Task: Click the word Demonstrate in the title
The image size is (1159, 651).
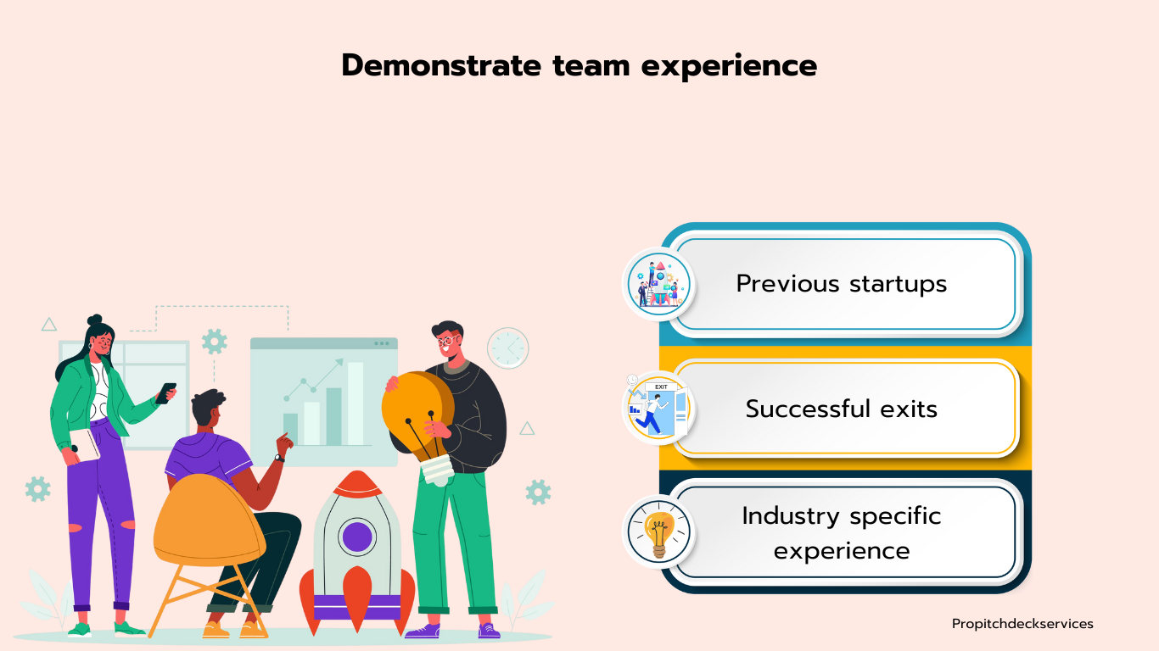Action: click(x=441, y=65)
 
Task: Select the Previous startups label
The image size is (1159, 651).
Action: click(x=842, y=284)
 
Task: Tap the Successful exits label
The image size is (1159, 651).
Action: click(x=842, y=409)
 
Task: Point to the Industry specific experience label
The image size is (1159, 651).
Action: click(x=842, y=532)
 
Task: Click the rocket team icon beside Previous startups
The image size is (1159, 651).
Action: click(x=658, y=284)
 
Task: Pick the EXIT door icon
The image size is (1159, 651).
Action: click(x=658, y=409)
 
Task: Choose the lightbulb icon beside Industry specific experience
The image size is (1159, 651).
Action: click(x=658, y=532)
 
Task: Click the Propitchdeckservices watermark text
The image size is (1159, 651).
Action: click(x=1022, y=624)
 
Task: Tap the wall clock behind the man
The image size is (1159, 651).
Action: click(x=507, y=348)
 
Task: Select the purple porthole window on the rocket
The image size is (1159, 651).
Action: click(x=357, y=537)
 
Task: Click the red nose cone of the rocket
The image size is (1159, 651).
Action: click(x=357, y=485)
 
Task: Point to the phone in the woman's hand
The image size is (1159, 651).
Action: click(x=166, y=393)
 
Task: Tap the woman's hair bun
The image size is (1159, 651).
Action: click(x=95, y=320)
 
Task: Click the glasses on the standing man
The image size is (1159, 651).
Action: click(x=447, y=341)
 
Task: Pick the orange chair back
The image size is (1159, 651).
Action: click(x=210, y=520)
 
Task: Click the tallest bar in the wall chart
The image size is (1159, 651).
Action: click(x=356, y=403)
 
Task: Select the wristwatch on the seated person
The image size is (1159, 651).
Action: click(x=279, y=458)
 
